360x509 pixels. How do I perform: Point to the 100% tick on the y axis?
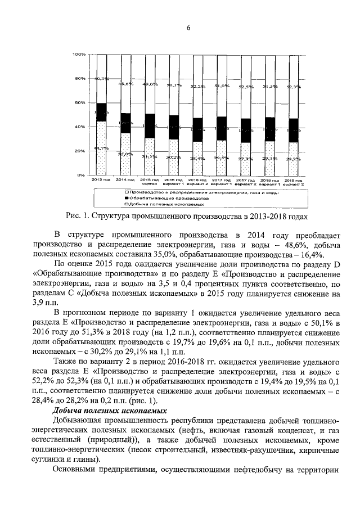[79, 55]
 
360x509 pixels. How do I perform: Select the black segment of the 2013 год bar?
[101, 112]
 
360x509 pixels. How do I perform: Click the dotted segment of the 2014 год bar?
[125, 154]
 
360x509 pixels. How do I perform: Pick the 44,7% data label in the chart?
[101, 148]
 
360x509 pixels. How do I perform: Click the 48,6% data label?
[125, 84]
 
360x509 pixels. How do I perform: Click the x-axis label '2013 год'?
[101, 180]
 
